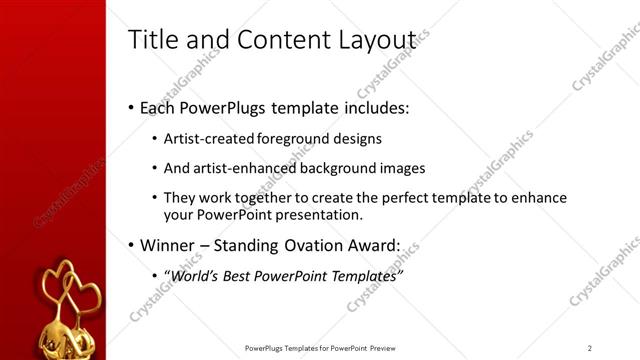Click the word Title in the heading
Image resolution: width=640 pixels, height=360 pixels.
[153, 40]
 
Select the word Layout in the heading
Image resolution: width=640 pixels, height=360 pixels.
[376, 40]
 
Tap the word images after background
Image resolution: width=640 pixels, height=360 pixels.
[403, 168]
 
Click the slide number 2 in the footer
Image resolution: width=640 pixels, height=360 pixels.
[590, 348]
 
